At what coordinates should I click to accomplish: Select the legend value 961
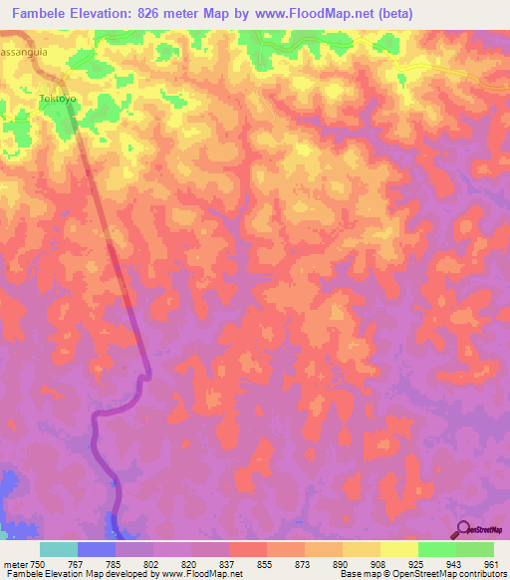point(492,564)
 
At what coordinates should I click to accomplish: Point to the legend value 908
point(379,564)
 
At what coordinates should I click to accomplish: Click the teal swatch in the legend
point(59,549)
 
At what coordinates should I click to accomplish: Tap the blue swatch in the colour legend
point(97,549)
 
